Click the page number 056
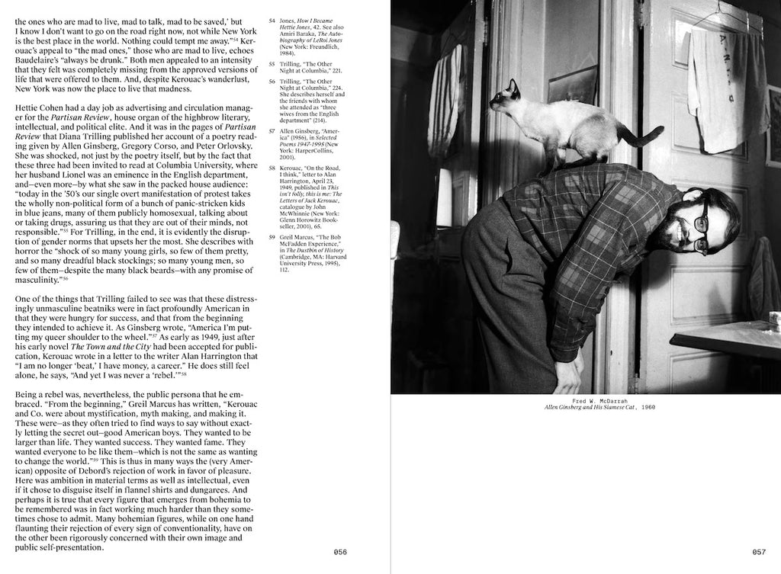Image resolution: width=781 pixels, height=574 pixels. [x=340, y=552]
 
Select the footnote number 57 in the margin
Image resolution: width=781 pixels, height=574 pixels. [x=272, y=131]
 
